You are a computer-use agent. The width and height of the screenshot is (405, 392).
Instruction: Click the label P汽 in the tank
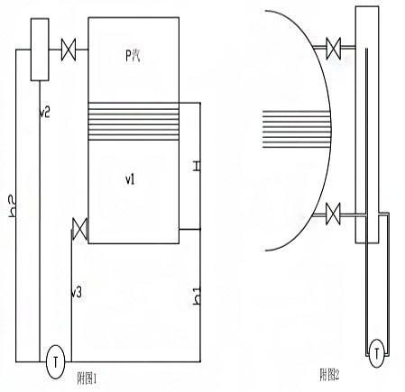pyautogui.click(x=133, y=56)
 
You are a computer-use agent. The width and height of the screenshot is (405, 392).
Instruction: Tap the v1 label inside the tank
pyautogui.click(x=130, y=179)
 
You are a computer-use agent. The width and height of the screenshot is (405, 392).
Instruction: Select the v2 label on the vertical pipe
pyautogui.click(x=45, y=113)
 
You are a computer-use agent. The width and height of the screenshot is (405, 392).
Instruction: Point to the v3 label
pyautogui.click(x=77, y=292)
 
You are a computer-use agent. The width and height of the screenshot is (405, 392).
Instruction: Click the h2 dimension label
pyautogui.click(x=13, y=206)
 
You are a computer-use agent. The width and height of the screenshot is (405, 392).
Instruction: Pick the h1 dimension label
pyautogui.click(x=197, y=296)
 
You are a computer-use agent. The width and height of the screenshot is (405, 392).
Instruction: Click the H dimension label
pyautogui.click(x=197, y=166)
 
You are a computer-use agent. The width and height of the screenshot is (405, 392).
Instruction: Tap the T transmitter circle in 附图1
pyautogui.click(x=55, y=362)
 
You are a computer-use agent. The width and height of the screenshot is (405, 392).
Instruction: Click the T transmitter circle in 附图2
pyautogui.click(x=376, y=353)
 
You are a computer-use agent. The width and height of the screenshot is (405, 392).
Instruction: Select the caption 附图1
pyautogui.click(x=87, y=378)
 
